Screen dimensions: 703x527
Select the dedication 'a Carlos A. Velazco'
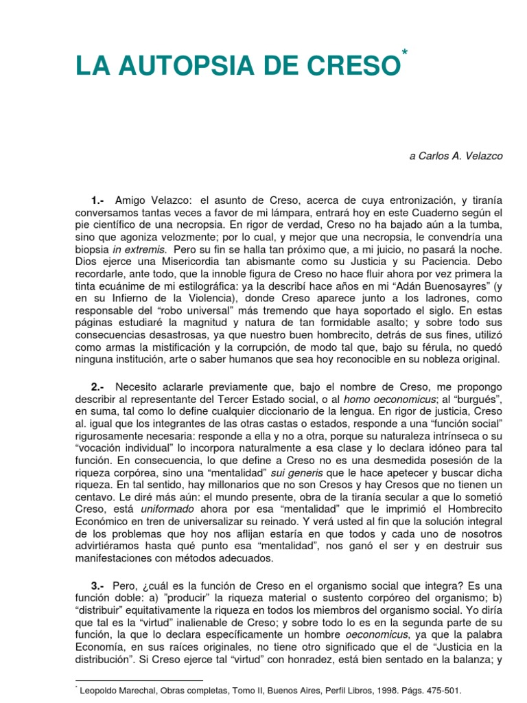point(456,156)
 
